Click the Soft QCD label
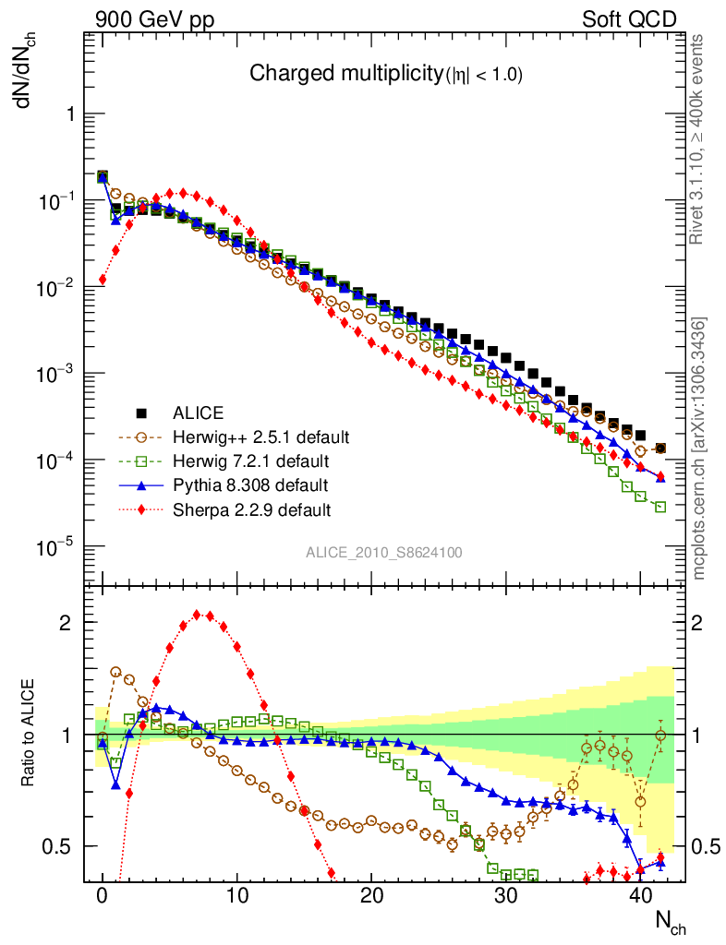pos(630,19)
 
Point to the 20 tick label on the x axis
pos(371,897)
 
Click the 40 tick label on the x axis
pos(640,897)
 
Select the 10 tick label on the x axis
pos(237,897)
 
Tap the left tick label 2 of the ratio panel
pos(68,622)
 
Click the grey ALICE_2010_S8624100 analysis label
pos(384,552)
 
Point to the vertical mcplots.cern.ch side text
pos(700,449)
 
